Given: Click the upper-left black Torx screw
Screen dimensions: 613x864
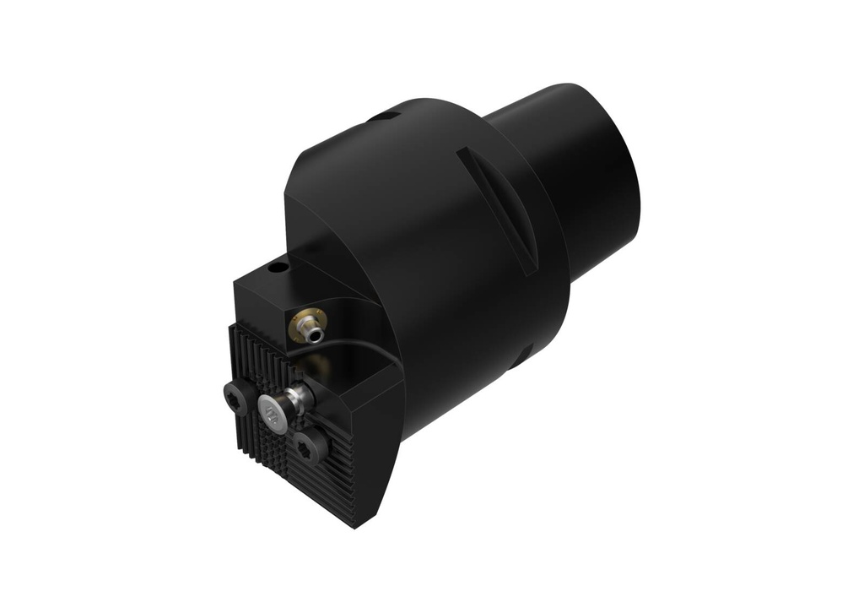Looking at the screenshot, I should (235, 397).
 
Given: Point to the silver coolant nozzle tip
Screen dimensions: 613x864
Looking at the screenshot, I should (316, 335).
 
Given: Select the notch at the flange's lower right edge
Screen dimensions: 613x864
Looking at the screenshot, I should (523, 355).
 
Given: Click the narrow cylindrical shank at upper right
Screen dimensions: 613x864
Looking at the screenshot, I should (574, 169).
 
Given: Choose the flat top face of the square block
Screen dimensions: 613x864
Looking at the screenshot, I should (270, 279).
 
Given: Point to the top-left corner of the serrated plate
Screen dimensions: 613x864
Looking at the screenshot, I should (231, 326).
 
